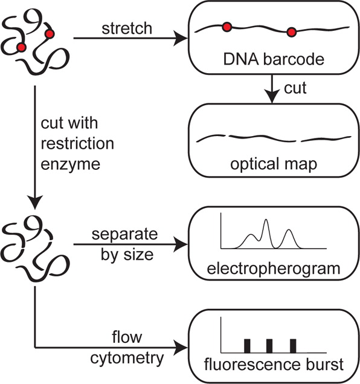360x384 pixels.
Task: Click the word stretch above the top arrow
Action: point(127,28)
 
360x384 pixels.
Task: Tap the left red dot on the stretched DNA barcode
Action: point(227,27)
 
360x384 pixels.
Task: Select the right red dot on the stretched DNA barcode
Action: point(291,32)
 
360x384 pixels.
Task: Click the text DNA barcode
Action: point(274,59)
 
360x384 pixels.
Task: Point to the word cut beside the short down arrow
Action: point(295,88)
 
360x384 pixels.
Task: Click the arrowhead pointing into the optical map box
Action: point(272,97)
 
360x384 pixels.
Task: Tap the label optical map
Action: point(274,164)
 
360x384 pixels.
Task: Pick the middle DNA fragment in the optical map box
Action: point(262,138)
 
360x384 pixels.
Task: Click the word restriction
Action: point(77,143)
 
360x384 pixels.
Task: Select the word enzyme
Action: point(71,164)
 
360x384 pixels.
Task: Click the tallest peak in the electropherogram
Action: point(266,220)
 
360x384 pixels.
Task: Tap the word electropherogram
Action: point(274,269)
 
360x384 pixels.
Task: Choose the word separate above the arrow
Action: point(124,235)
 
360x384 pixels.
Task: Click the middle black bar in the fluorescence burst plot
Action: point(269,346)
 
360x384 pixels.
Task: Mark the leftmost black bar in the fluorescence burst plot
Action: point(247,346)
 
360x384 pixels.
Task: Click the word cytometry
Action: point(127,359)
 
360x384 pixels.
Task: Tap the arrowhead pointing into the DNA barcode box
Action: point(181,38)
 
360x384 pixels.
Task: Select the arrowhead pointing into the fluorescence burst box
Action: point(181,347)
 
